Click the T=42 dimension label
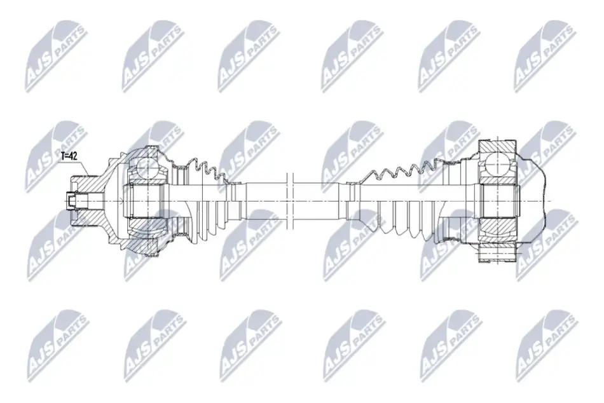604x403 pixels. (69, 156)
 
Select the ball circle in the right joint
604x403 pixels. (497, 164)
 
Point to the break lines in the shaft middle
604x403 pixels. (291, 201)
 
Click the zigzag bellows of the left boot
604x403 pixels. (207, 170)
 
